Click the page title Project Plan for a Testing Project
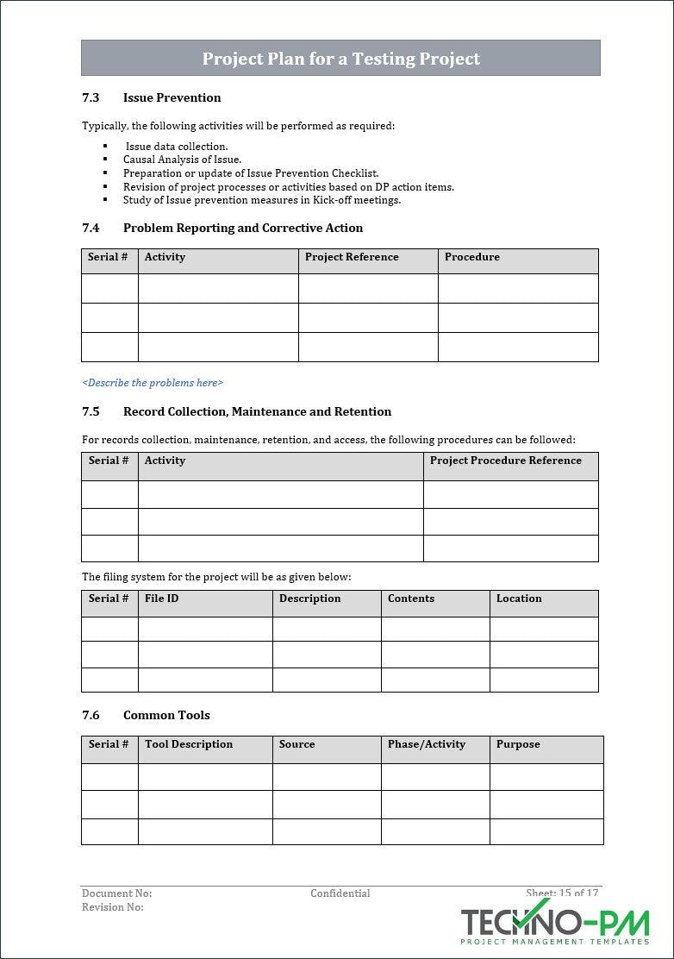pos(340,59)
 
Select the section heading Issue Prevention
pos(172,97)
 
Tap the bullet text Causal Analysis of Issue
pos(182,160)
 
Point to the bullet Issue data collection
pos(177,146)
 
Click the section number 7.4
pos(90,228)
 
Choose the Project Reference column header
pos(352,257)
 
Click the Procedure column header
pos(471,257)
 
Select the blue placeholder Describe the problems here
pos(153,382)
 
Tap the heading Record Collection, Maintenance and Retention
pos(257,411)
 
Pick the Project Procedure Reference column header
pos(505,461)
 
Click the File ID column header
pos(161,599)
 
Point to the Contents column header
pos(410,599)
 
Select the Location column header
pos(519,599)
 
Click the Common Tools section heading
pos(166,715)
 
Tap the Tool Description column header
pos(189,744)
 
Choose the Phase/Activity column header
pos(426,744)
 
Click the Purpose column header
pos(517,744)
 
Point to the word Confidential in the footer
pos(340,893)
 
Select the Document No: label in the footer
pos(116,893)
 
